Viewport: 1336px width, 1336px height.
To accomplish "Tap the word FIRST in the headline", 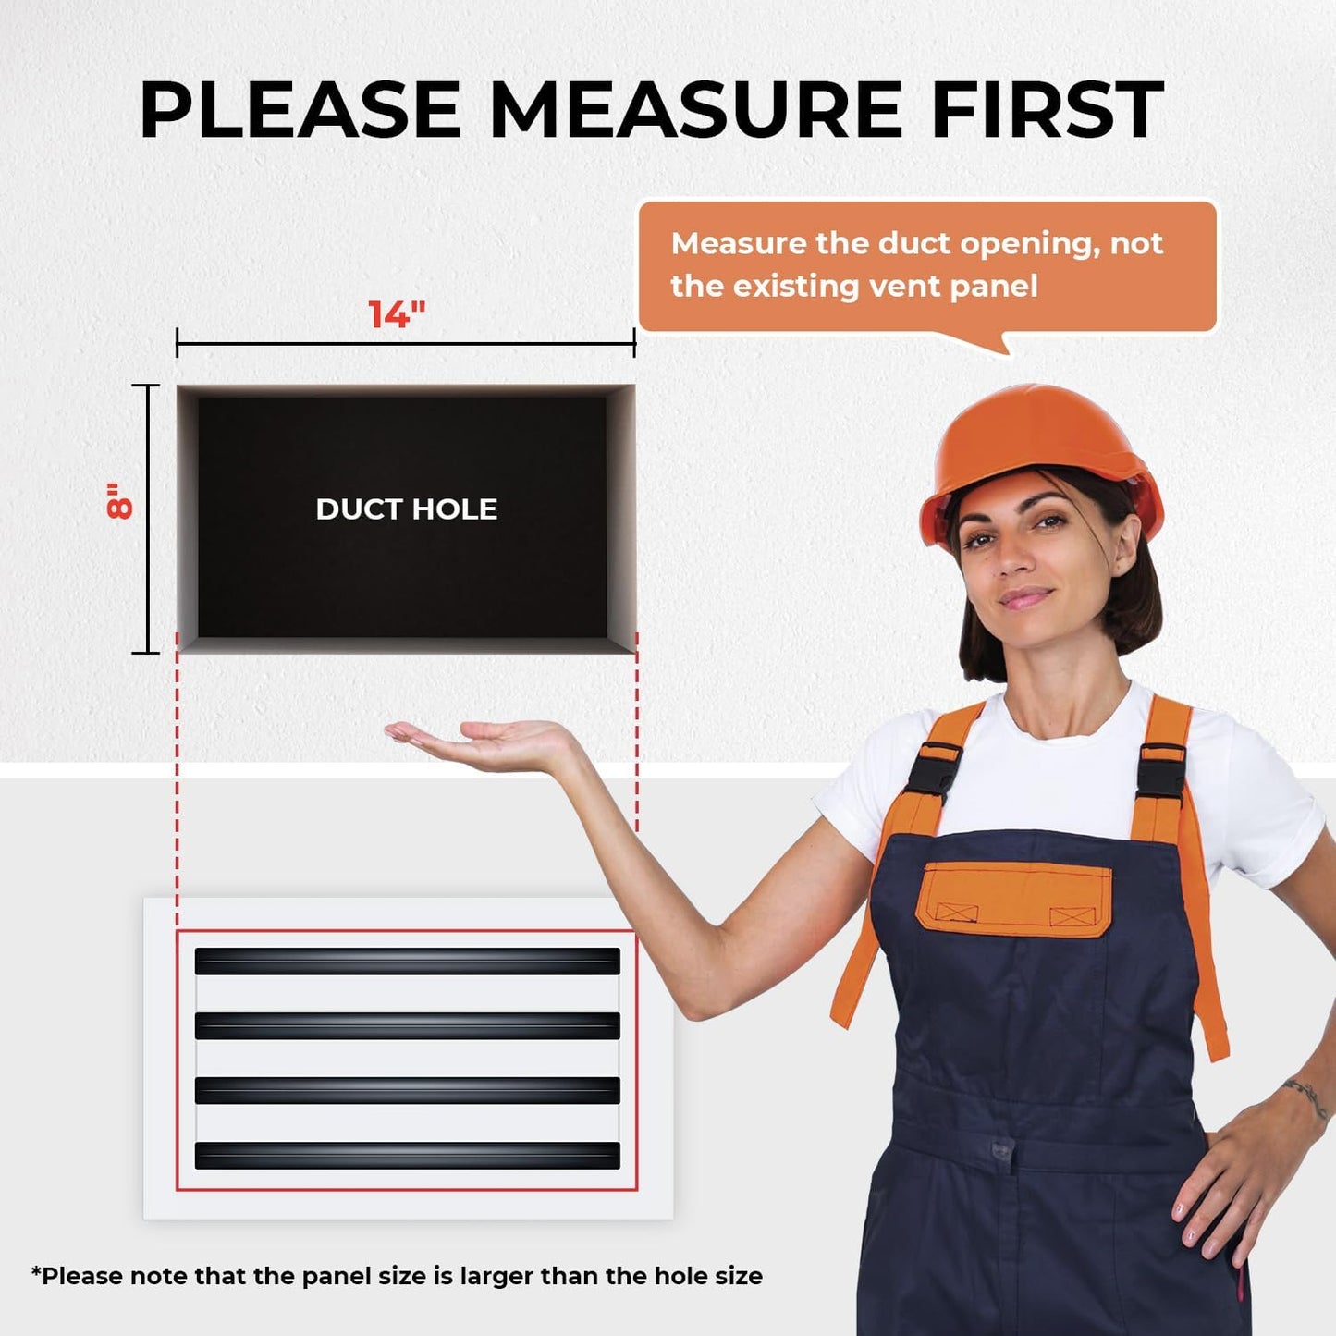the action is pyautogui.click(x=1048, y=109).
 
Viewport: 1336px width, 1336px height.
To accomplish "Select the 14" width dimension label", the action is pyautogui.click(x=396, y=314).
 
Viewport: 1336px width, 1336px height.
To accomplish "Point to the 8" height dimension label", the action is pyautogui.click(x=119, y=500).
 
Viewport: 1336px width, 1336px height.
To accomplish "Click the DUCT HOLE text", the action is pyautogui.click(x=406, y=509).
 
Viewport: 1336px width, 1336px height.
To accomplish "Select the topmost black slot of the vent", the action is pyautogui.click(x=407, y=962).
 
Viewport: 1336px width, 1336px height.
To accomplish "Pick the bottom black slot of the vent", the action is pyautogui.click(x=407, y=1156).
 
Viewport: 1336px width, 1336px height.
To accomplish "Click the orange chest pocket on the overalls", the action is pyautogui.click(x=1013, y=899).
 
